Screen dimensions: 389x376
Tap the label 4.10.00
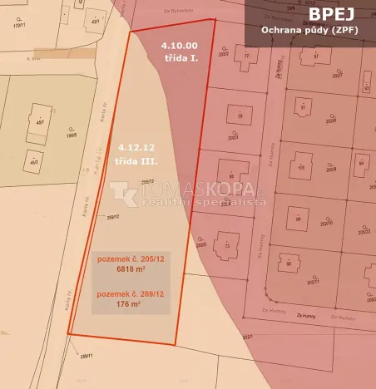pyautogui.click(x=180, y=46)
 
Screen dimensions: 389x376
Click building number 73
pyautogui.click(x=226, y=246)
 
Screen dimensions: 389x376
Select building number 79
pyautogui.click(x=240, y=116)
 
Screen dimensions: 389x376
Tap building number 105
pyautogui.click(x=301, y=167)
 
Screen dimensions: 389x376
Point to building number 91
pyautogui.click(x=303, y=108)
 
